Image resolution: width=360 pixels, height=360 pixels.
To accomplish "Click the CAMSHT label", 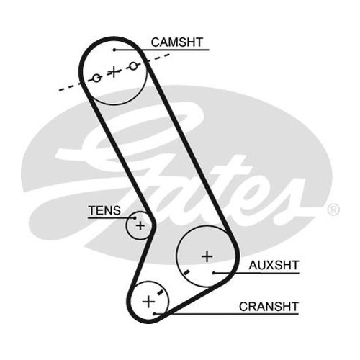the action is (x=177, y=42).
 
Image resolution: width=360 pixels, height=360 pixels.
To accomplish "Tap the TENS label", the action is (x=104, y=210).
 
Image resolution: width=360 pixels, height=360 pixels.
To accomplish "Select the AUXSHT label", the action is (x=274, y=265).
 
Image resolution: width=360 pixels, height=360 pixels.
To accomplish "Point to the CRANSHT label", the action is (x=269, y=307).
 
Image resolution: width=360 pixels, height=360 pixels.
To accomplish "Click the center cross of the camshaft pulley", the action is (x=114, y=71).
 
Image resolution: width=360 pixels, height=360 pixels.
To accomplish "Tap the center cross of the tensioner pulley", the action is (x=140, y=225).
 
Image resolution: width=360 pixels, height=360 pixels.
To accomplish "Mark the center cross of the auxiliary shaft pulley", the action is (x=207, y=256).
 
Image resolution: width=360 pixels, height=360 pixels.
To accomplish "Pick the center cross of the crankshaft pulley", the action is (x=148, y=302).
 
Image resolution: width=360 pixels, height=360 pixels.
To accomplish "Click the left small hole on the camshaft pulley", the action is (x=96, y=78).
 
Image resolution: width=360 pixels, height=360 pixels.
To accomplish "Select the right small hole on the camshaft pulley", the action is (x=134, y=66).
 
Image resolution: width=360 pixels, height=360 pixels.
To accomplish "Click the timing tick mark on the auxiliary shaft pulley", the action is (x=186, y=272).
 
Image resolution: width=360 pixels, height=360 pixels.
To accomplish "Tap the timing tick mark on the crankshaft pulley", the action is (x=160, y=292).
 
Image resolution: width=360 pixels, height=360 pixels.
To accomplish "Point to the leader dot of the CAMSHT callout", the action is (x=114, y=50).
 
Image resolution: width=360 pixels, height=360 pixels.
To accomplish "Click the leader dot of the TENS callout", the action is (x=135, y=218).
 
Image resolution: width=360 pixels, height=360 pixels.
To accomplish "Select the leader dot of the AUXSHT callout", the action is (x=213, y=273).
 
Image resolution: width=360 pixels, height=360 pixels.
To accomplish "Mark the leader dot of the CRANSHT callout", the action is (x=155, y=314).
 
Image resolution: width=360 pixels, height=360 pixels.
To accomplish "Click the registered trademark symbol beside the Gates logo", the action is (x=333, y=210).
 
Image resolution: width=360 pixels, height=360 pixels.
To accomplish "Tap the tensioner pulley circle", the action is (x=127, y=225).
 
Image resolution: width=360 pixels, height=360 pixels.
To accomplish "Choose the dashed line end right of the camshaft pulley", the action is (x=169, y=55).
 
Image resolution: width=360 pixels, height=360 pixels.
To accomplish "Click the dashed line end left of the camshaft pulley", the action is (x=60, y=90).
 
